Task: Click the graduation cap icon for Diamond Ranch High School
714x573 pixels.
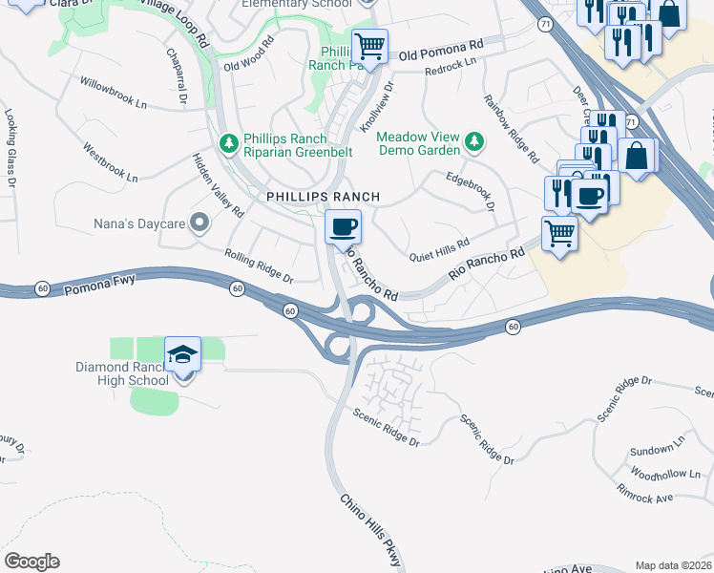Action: (x=182, y=355)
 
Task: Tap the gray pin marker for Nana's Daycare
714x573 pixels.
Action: (x=199, y=223)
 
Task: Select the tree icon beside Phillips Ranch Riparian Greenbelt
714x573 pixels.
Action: (x=228, y=143)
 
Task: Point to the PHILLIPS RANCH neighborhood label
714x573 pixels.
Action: (x=323, y=197)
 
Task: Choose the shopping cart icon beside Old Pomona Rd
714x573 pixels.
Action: (x=369, y=45)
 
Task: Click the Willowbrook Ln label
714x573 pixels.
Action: (x=115, y=93)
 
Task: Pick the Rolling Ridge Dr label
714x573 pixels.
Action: (x=258, y=265)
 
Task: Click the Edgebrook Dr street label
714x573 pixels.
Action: (x=472, y=191)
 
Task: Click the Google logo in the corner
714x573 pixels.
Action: (x=31, y=562)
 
